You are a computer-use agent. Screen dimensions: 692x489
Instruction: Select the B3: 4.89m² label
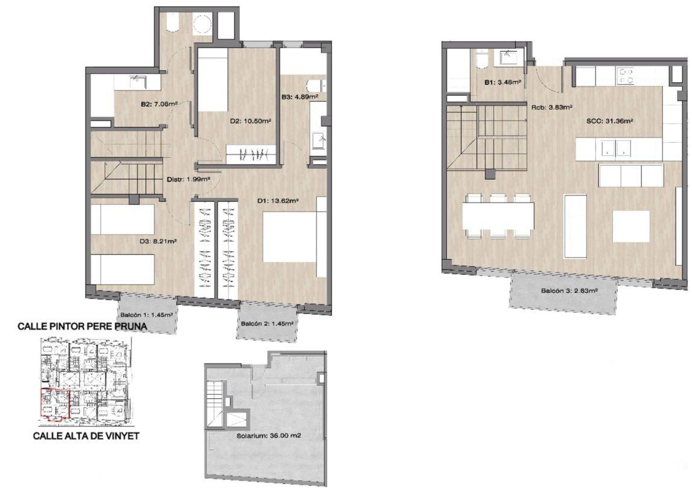(x=300, y=96)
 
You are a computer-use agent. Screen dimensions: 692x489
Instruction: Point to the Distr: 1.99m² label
(x=188, y=180)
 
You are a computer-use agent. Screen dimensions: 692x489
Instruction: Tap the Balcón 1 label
(x=146, y=315)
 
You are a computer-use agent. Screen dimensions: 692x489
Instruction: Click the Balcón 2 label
(x=267, y=324)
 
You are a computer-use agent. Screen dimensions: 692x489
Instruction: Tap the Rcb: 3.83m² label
(x=552, y=107)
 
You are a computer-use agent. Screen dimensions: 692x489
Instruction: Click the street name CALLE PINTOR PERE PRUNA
(x=82, y=327)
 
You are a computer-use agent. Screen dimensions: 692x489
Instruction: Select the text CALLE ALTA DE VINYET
(x=87, y=436)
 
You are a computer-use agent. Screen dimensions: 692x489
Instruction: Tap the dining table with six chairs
(x=499, y=215)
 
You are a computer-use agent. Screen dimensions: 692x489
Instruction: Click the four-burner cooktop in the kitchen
(x=625, y=75)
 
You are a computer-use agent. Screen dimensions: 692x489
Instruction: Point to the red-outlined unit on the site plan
(x=55, y=403)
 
